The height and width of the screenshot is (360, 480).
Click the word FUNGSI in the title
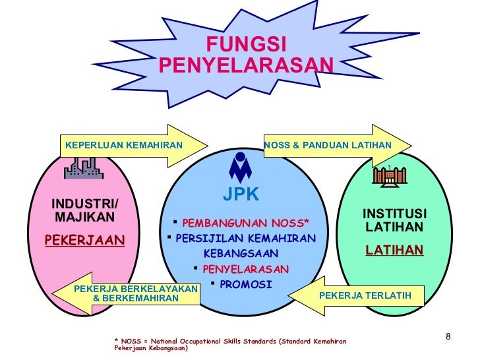[246, 45]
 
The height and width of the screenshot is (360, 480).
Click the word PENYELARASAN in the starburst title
[246, 65]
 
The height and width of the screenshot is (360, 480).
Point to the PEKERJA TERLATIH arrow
[364, 295]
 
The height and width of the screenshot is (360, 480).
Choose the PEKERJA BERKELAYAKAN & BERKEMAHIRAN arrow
[136, 293]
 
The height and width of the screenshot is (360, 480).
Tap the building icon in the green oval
[389, 175]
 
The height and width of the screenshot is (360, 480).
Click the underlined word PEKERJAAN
[84, 240]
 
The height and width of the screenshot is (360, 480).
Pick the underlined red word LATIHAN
[394, 250]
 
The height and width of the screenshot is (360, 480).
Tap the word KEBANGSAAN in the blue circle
[241, 254]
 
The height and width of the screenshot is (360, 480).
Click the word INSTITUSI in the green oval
[394, 214]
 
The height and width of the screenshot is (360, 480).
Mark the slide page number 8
[448, 338]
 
